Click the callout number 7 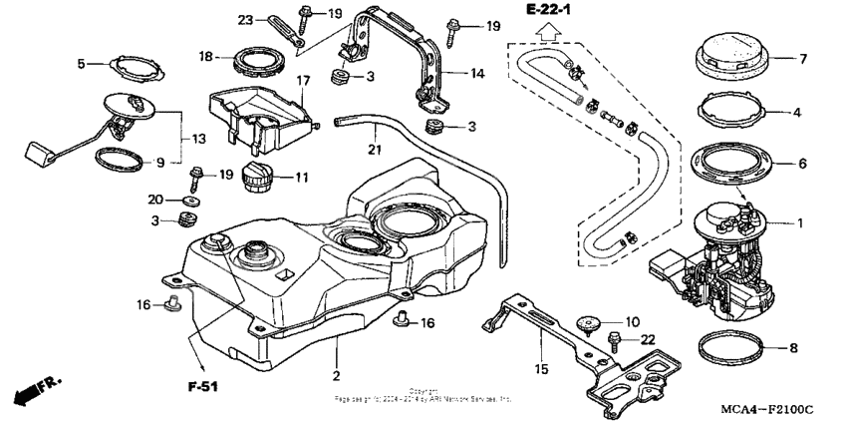coord(803,59)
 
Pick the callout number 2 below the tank coord(337,375)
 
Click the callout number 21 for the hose coord(375,151)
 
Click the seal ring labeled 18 coord(254,61)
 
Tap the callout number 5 coord(84,63)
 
